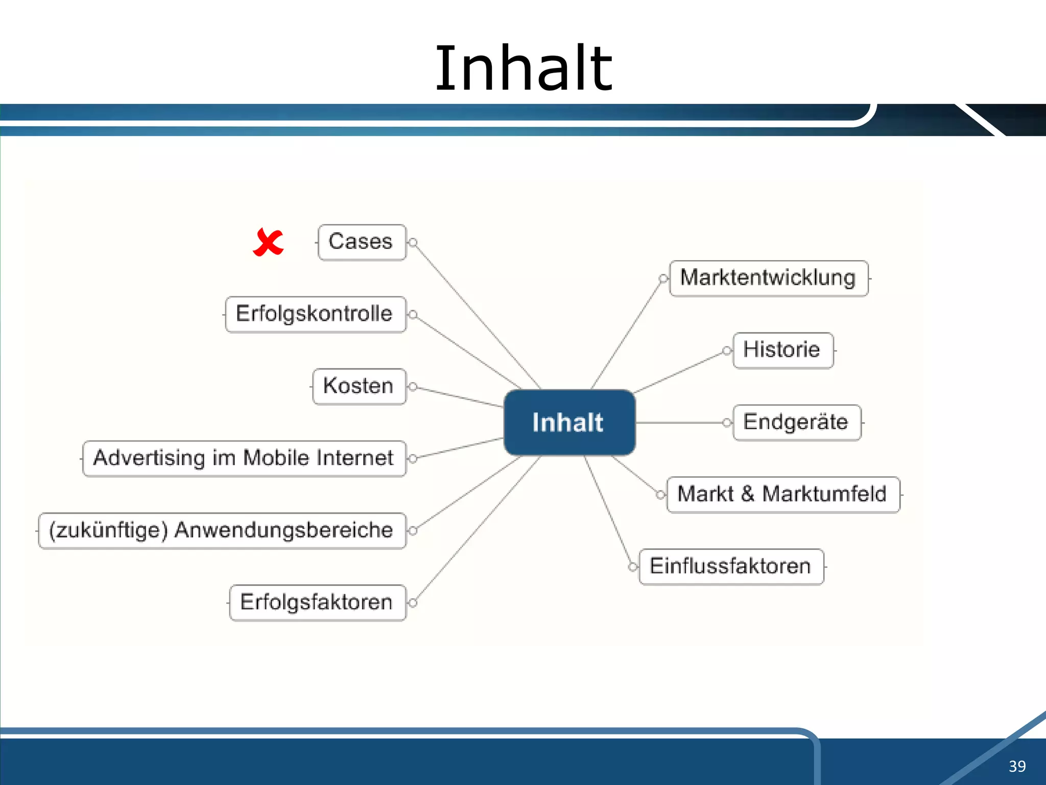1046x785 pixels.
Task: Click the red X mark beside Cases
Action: pyautogui.click(x=268, y=242)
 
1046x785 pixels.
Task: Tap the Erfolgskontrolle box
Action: pyautogui.click(x=315, y=314)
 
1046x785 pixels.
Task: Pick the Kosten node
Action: pyautogui.click(x=359, y=386)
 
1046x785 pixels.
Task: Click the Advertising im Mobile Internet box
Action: pyautogui.click(x=244, y=458)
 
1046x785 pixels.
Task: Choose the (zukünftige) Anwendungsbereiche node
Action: pyautogui.click(x=222, y=530)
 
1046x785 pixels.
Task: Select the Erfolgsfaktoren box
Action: pyautogui.click(x=317, y=603)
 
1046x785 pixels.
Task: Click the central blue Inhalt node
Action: pyautogui.click(x=569, y=423)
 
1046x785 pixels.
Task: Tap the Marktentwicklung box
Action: pyautogui.click(x=769, y=279)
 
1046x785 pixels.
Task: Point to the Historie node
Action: pyautogui.click(x=783, y=351)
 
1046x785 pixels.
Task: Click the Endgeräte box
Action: pyautogui.click(x=797, y=423)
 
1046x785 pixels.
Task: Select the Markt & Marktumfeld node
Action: pyautogui.click(x=783, y=495)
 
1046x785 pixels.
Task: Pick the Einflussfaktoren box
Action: pyautogui.click(x=731, y=567)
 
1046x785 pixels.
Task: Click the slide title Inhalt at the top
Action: pyautogui.click(x=523, y=68)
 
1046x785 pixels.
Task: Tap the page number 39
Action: pyautogui.click(x=1017, y=766)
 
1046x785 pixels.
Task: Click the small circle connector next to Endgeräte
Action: pyautogui.click(x=727, y=423)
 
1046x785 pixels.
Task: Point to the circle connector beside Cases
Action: pyautogui.click(x=413, y=242)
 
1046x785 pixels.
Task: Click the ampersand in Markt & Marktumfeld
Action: pyautogui.click(x=748, y=494)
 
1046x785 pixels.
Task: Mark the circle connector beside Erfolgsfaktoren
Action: pyautogui.click(x=413, y=603)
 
